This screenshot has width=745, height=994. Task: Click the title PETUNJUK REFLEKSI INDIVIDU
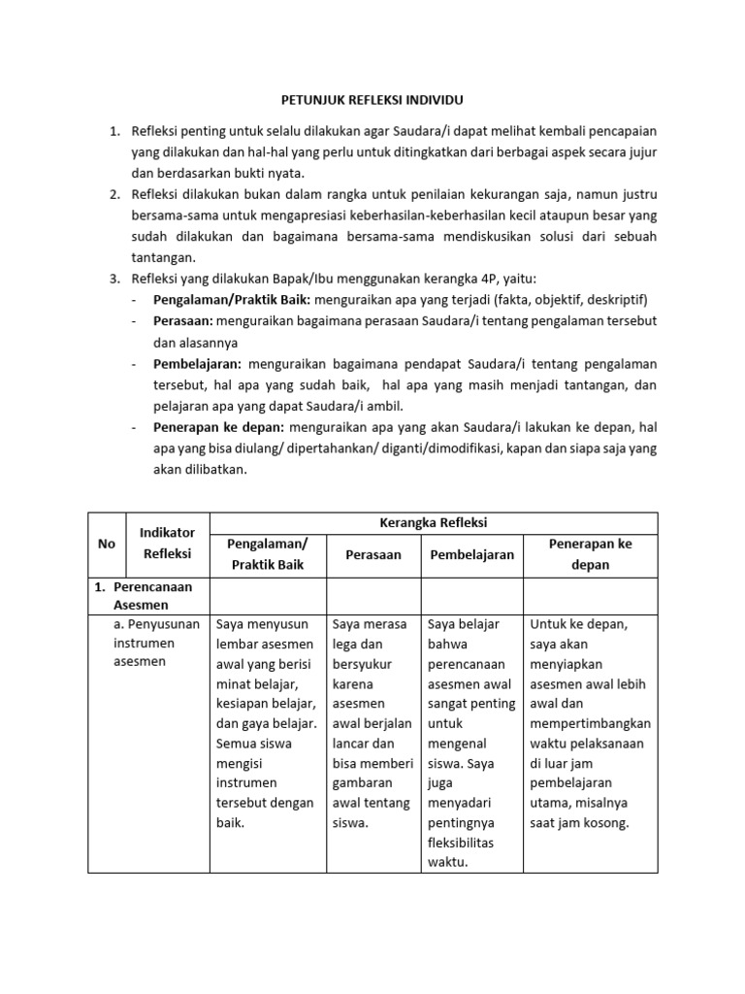coord(373,99)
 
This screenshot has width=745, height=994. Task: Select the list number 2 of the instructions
coord(113,194)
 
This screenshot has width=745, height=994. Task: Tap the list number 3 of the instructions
coord(113,279)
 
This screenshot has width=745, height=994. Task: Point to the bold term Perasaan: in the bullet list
coord(183,321)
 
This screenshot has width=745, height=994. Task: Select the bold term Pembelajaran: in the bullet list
coord(197,364)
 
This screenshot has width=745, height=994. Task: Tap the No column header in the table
coord(107,544)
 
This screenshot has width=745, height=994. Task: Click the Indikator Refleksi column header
coord(168,544)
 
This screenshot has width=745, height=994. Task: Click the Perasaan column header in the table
coord(373,554)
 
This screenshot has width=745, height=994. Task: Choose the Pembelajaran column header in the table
coord(471,554)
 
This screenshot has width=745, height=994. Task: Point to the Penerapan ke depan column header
coord(590,554)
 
